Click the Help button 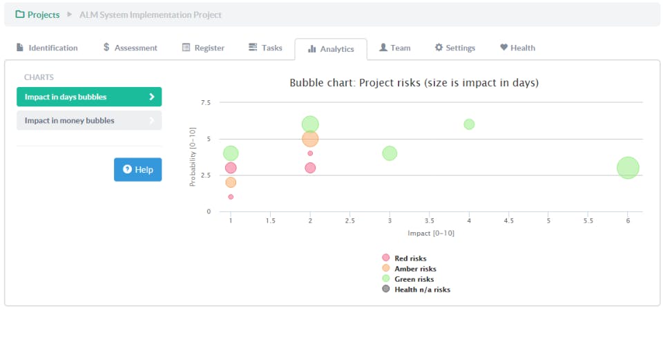click(x=137, y=169)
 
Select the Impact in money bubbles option click(x=89, y=120)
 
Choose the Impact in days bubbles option click(x=89, y=97)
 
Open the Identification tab click(x=47, y=48)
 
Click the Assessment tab click(x=130, y=48)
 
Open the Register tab click(x=203, y=48)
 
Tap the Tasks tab click(x=265, y=48)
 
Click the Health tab click(x=517, y=48)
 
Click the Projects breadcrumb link click(x=37, y=15)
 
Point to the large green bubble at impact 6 click(x=628, y=168)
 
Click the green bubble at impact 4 click(x=469, y=124)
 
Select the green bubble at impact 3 click(x=390, y=153)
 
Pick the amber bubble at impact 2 click(x=310, y=139)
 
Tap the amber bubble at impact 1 click(x=231, y=182)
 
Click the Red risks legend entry click(x=410, y=258)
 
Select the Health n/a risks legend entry click(x=421, y=290)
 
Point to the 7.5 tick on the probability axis click(x=205, y=103)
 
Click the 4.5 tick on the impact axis click(x=508, y=221)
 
